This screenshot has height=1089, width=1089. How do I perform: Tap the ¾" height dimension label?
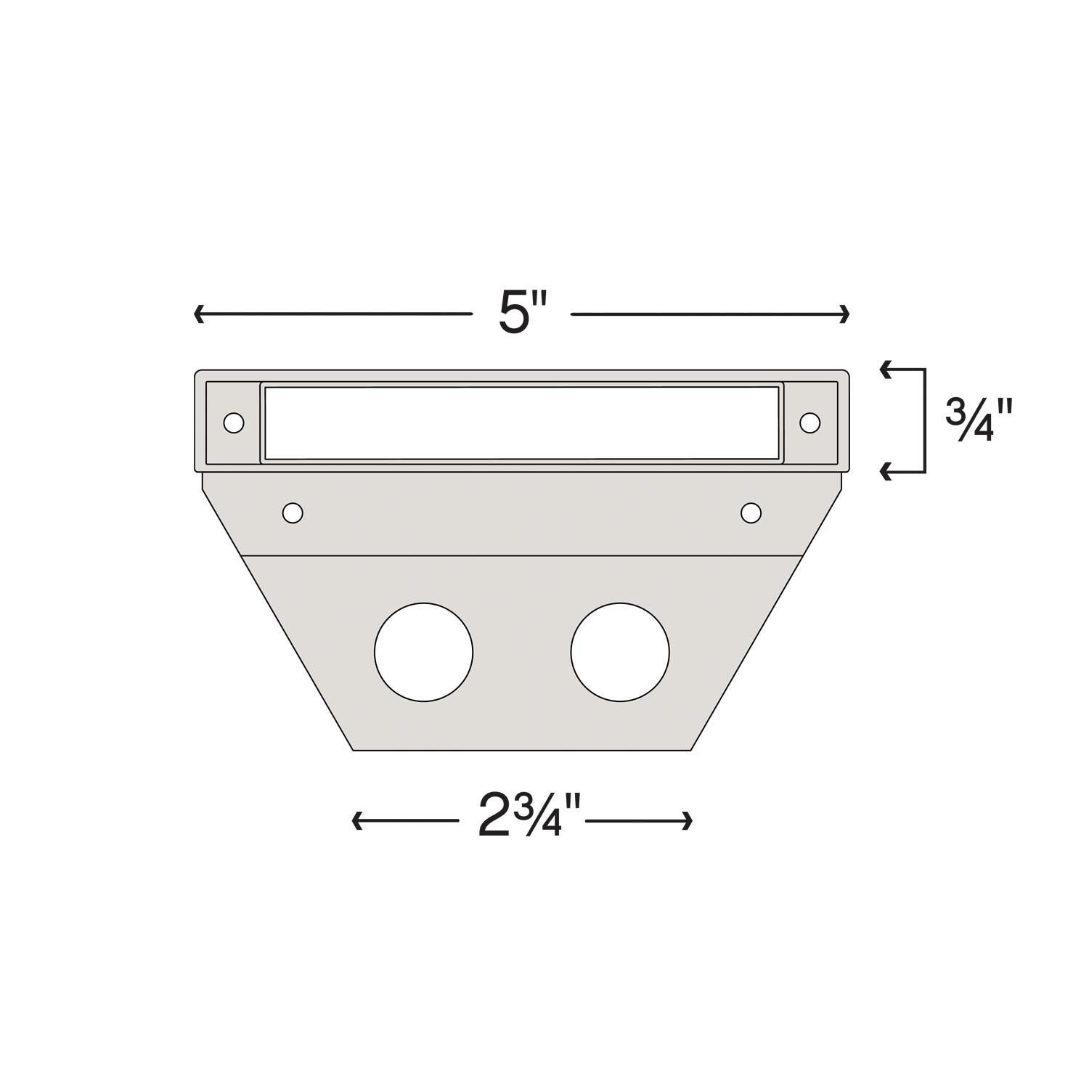coord(978,422)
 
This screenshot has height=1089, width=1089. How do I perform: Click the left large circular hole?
coord(423,652)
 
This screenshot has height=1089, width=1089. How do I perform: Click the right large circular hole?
coord(620,652)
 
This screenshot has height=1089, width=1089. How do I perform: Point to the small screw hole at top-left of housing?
coord(234,423)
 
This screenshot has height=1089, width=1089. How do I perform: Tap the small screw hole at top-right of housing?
coord(809,422)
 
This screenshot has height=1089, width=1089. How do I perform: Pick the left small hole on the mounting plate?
coord(293,513)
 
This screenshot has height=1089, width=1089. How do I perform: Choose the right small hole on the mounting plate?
coord(751,513)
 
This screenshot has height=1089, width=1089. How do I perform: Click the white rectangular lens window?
coord(521,423)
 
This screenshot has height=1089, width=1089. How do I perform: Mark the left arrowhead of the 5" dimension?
coord(198,314)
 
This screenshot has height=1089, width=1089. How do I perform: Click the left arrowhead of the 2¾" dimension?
coord(356,821)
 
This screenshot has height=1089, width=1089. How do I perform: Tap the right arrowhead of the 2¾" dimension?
coord(688,821)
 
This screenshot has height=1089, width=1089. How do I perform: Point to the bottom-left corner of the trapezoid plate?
coord(353,749)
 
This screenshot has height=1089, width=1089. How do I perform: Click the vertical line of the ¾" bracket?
coord(925,421)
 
